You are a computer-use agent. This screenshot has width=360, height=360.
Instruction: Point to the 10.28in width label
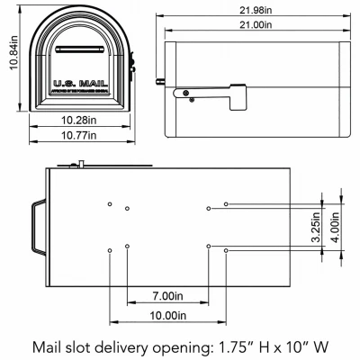tap(79, 120)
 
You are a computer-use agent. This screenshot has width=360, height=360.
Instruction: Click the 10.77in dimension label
tap(79, 136)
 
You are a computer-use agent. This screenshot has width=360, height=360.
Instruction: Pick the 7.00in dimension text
tap(168, 295)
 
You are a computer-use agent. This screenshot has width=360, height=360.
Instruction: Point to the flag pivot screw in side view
tap(185, 94)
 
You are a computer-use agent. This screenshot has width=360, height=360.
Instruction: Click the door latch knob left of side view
tap(162, 82)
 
